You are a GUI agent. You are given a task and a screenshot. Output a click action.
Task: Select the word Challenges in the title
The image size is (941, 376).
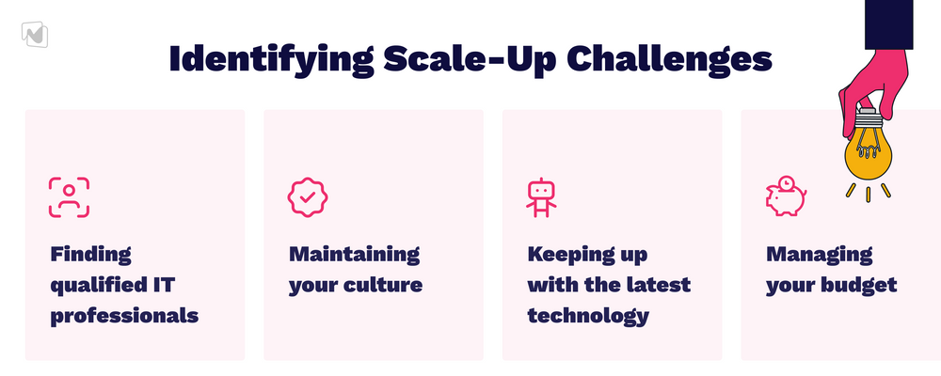[668, 59]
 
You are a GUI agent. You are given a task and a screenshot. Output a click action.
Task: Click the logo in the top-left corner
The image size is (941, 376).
[34, 34]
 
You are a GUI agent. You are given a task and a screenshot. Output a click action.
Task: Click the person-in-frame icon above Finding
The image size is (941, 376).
[69, 197]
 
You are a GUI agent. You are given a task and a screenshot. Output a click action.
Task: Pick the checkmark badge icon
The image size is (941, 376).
[308, 197]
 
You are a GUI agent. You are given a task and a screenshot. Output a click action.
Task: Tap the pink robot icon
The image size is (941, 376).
[541, 197]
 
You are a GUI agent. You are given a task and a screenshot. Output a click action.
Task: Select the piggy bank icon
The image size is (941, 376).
[786, 196]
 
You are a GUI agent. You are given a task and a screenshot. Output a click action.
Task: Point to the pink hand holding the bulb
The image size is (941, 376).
[875, 87]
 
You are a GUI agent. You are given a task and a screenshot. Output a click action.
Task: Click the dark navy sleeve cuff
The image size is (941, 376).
[889, 24]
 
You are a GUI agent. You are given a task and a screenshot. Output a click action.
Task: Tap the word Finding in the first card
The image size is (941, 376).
[90, 255]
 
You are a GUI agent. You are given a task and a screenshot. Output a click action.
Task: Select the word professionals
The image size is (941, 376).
[124, 316]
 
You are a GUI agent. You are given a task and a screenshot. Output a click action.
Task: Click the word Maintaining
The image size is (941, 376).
[354, 254]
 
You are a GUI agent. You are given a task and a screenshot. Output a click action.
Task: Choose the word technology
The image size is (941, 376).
[588, 316]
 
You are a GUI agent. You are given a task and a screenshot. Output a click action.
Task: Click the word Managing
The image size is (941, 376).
[820, 255]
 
